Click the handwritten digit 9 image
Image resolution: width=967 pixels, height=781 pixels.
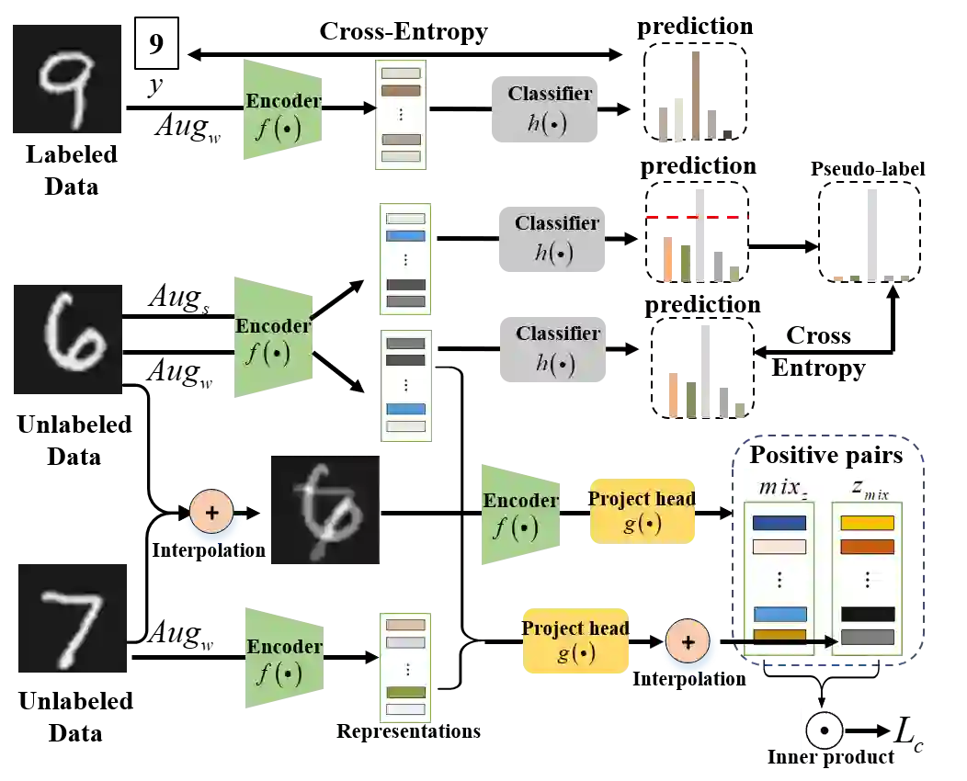(66, 81)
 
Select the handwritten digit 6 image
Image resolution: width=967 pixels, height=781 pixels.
(66, 339)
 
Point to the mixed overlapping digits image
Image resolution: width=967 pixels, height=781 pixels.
(323, 510)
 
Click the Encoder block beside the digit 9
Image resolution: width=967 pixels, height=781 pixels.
(283, 110)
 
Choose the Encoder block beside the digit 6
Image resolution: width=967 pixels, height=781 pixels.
(272, 337)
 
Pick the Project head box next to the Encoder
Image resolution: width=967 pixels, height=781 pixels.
(643, 511)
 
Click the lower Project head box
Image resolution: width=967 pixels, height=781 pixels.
(576, 640)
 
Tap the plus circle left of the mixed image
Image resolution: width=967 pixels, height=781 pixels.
(212, 513)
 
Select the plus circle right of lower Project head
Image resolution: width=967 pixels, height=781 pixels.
(688, 640)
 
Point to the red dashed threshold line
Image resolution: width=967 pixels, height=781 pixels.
(697, 217)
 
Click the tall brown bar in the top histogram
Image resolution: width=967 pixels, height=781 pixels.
(699, 96)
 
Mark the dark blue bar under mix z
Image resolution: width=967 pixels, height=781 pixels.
(779, 523)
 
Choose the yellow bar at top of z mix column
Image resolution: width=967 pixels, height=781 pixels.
(867, 523)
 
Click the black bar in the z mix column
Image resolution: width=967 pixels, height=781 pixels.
(867, 614)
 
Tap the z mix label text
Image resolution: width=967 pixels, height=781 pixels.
(869, 490)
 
